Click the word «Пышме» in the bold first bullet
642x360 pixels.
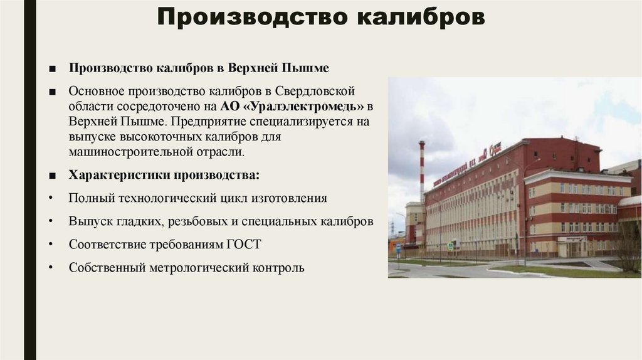click(x=307, y=67)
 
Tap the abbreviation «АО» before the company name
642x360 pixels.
click(x=229, y=106)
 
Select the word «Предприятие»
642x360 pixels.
click(x=206, y=121)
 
